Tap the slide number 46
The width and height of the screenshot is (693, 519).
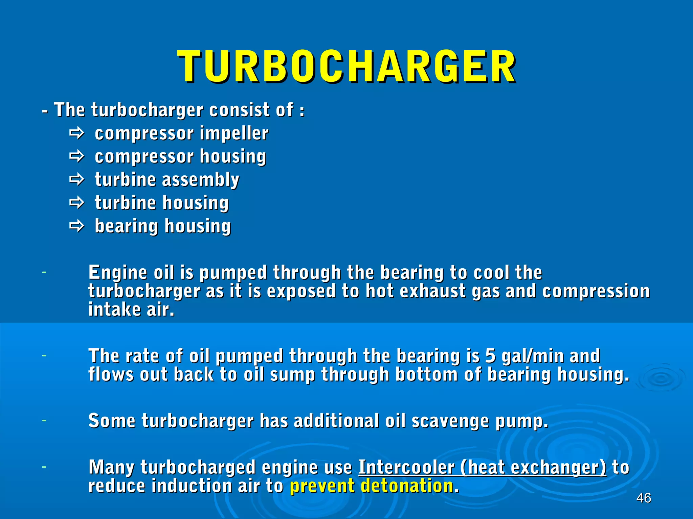(644, 498)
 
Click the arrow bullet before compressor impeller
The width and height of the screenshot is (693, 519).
(76, 133)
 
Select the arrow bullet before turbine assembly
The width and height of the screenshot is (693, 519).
(76, 179)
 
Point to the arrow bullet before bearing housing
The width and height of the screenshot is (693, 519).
(76, 226)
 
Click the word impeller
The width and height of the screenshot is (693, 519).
(234, 133)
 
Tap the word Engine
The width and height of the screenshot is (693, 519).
(118, 273)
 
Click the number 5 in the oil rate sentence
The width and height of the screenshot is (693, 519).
(490, 356)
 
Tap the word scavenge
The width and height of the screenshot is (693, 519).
(450, 421)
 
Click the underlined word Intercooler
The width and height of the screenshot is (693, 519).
(406, 467)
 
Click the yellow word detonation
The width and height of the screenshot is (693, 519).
(407, 486)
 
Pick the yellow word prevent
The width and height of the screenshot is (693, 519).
(321, 486)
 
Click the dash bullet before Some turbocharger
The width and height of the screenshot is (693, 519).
(44, 421)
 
